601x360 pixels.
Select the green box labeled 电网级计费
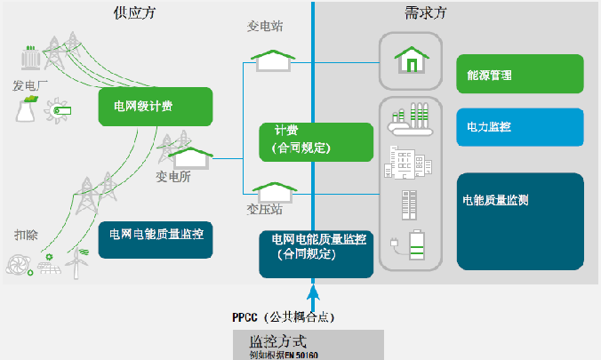(156, 107)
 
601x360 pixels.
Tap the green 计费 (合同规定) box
(316, 141)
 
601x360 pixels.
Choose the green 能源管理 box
(520, 76)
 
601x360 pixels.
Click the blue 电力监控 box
(520, 127)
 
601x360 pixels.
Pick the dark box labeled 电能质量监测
(520, 221)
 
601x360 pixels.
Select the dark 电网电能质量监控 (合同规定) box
(317, 254)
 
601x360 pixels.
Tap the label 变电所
(172, 175)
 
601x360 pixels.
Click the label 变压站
(264, 211)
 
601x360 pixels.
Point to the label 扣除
(26, 235)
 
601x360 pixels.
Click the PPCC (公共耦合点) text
(283, 316)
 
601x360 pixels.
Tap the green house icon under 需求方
(410, 60)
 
